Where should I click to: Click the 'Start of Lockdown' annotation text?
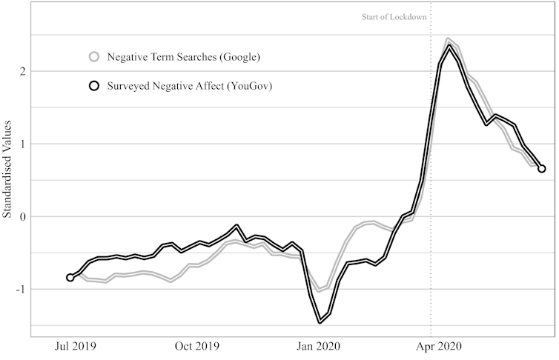(394, 16)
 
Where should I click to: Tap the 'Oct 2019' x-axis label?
(196, 346)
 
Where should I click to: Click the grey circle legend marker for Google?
(94, 56)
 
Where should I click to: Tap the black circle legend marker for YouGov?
(94, 86)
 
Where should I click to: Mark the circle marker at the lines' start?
(70, 278)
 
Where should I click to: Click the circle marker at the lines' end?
(542, 169)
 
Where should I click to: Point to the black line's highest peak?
(449, 46)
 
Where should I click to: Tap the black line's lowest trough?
(320, 321)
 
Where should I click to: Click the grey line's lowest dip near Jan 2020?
(320, 290)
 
